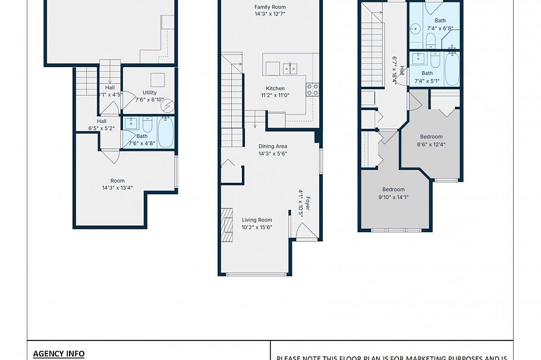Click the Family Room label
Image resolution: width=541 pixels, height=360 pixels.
pyautogui.click(x=270, y=7)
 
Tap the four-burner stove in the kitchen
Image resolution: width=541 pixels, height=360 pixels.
pyautogui.click(x=312, y=90)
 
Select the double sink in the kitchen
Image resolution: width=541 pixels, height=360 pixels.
pyautogui.click(x=290, y=68)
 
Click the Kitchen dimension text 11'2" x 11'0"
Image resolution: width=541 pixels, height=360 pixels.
pyautogui.click(x=275, y=95)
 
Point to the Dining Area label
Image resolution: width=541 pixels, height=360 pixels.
pyautogui.click(x=273, y=146)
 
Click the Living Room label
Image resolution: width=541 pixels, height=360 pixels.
pyautogui.click(x=257, y=220)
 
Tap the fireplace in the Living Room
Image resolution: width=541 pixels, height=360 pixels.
pyautogui.click(x=227, y=224)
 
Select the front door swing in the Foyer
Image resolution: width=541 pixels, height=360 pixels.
pyautogui.click(x=304, y=232)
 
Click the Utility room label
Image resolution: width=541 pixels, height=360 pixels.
pyautogui.click(x=149, y=93)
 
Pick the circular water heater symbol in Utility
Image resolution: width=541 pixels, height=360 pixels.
pyautogui.click(x=168, y=106)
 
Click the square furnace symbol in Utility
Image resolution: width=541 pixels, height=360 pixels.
pyautogui.click(x=157, y=80)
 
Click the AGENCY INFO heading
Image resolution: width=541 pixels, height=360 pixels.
pyautogui.click(x=58, y=353)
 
